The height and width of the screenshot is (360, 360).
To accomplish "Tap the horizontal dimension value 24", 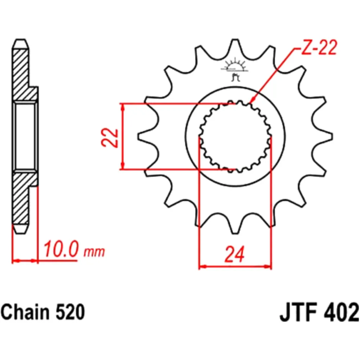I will [x=235, y=254].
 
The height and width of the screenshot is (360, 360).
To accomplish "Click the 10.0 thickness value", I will [x=60, y=249].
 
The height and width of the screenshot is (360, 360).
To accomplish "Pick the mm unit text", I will [x=94, y=251].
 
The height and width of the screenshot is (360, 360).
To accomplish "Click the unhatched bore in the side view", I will [x=26, y=137].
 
